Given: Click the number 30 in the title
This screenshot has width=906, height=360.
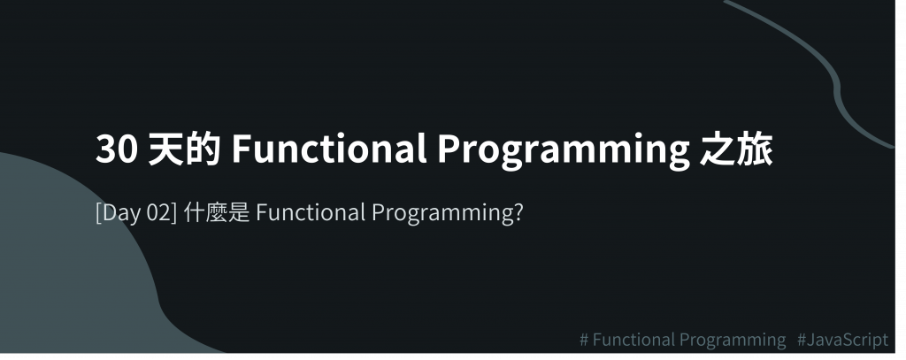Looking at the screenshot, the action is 117,149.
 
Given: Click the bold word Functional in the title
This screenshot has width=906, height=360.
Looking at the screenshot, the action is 329,149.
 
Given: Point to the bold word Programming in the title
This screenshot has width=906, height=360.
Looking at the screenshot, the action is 564,151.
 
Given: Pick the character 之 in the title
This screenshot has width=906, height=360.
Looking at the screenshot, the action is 718,149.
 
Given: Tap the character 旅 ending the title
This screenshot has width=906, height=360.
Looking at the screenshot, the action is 755,149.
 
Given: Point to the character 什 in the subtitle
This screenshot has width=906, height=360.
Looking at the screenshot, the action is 194,212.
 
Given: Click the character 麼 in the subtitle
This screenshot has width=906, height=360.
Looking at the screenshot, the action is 217,212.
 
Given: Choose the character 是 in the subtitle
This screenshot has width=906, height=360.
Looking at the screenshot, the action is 239,212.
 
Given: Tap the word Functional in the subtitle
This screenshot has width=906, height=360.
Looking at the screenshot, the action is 311,212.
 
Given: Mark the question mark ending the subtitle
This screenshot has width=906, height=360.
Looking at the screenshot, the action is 518,212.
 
